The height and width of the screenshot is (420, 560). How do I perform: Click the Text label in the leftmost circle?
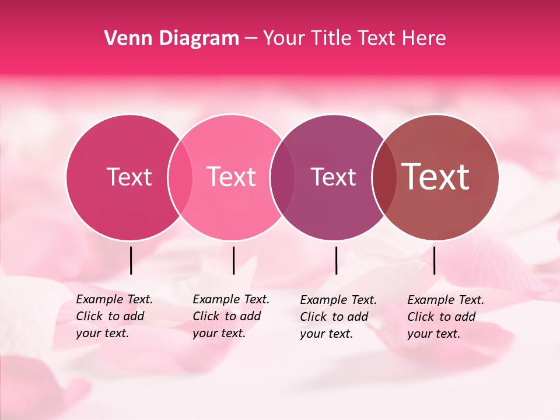tap(129, 177)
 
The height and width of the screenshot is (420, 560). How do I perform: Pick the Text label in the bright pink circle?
tap(232, 177)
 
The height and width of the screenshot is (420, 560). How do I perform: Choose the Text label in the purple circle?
tap(333, 177)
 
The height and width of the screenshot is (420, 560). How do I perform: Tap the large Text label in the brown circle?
tap(436, 177)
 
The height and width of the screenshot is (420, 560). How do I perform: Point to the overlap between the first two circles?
tap(180, 177)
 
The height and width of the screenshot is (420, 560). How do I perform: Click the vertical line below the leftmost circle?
tap(131, 260)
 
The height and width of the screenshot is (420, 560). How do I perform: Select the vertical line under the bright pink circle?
tap(233, 260)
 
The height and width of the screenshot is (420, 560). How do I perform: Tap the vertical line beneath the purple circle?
tap(336, 260)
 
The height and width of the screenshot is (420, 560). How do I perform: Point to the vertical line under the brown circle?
tap(434, 260)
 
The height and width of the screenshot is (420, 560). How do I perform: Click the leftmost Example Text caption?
tap(114, 316)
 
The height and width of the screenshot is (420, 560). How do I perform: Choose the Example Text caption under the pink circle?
tap(231, 316)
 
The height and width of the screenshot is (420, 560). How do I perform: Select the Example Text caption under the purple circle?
tap(338, 317)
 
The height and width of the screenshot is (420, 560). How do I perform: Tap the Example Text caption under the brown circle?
tap(446, 317)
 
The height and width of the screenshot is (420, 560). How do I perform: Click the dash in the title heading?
tap(251, 39)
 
